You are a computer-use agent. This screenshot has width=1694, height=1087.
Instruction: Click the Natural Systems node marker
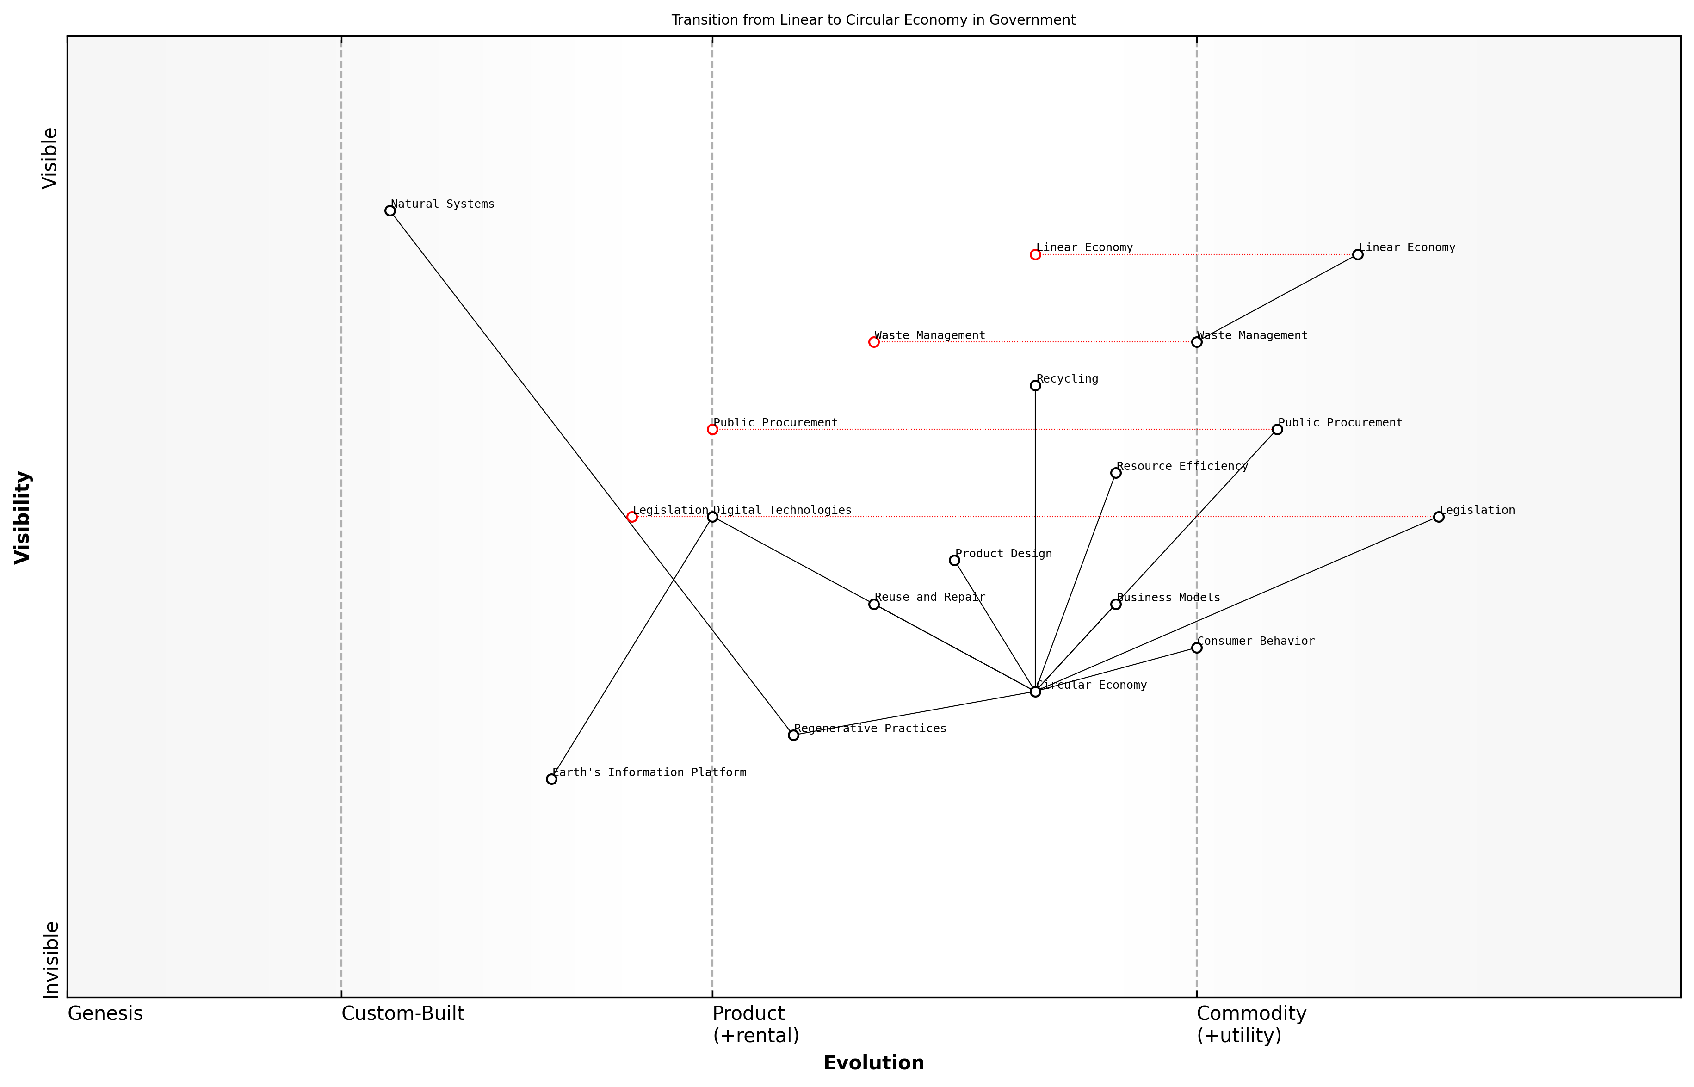389,210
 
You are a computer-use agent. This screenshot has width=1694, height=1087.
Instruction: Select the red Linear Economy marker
1035,254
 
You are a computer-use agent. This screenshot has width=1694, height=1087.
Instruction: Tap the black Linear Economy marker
1357,254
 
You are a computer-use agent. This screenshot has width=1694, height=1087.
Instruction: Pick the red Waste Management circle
874,342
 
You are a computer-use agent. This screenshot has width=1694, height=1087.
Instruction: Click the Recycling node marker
1035,385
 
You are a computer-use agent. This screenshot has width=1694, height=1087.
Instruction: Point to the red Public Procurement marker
712,429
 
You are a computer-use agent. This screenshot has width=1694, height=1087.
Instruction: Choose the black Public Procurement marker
1277,429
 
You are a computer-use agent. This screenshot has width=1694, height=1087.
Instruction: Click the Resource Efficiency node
1115,473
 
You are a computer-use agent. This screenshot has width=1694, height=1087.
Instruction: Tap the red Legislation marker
632,517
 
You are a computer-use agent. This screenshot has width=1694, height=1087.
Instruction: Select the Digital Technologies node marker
712,517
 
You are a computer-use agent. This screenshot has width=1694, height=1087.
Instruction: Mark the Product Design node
954,561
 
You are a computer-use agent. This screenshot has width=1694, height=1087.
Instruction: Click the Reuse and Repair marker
874,604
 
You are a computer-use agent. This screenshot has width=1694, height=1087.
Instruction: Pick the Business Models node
1115,604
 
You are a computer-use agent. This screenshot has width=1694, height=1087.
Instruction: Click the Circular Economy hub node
1035,692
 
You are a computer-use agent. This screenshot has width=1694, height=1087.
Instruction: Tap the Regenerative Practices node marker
793,735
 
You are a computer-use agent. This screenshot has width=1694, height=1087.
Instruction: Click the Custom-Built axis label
402,1013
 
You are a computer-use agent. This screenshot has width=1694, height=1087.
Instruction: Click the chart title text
873,20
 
